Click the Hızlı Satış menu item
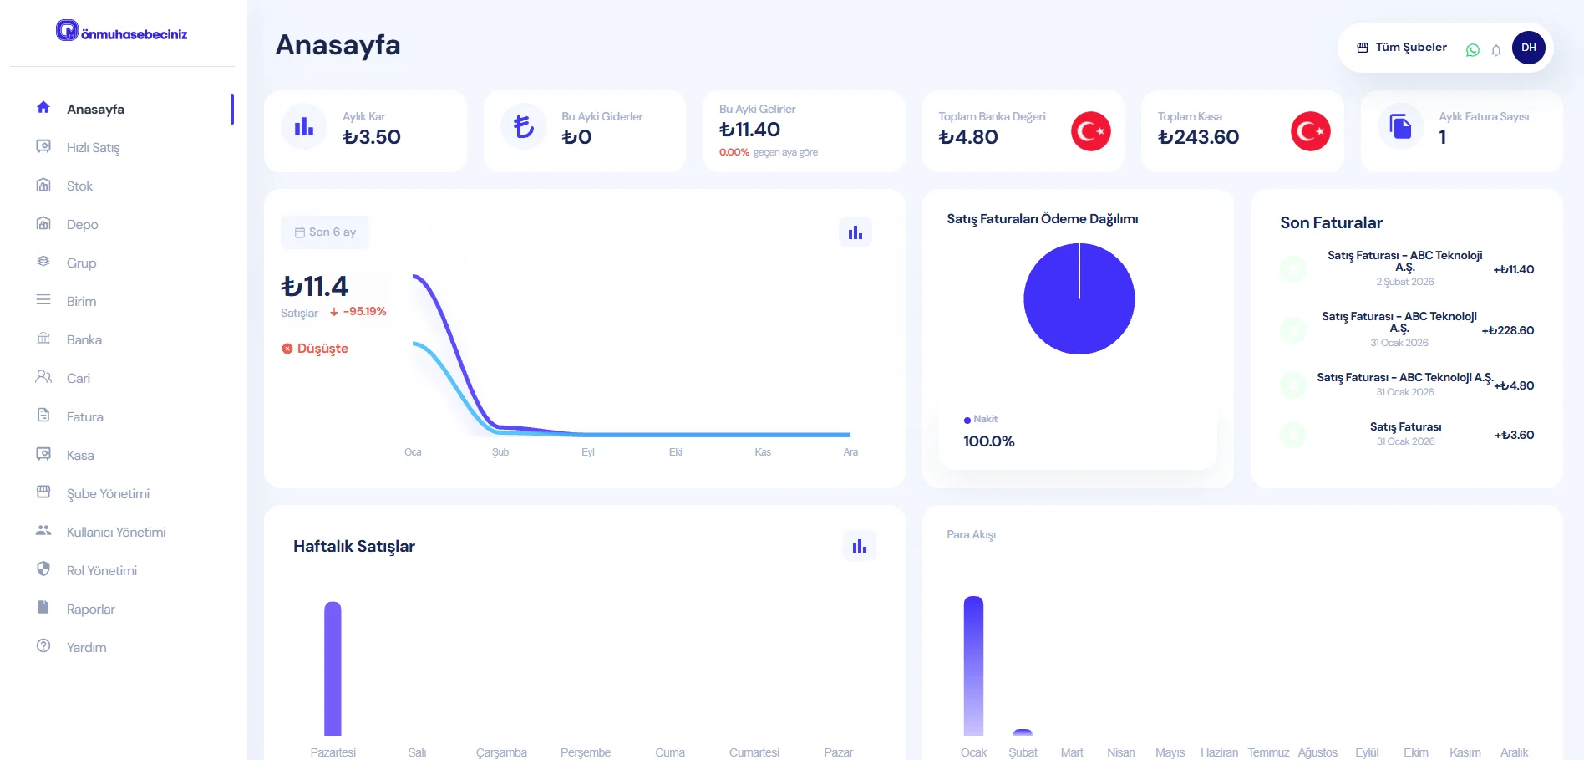[93, 148]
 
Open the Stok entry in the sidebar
[79, 186]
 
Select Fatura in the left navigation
[84, 417]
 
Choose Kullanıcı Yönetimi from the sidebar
[116, 533]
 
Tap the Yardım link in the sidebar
[86, 648]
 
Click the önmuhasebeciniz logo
[122, 33]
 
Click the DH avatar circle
[1528, 48]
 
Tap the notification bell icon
[1496, 50]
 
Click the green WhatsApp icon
[1473, 50]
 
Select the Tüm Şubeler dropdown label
[1410, 48]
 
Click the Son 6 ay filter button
[325, 232]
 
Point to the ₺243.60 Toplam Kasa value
[1198, 137]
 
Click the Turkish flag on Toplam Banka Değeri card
[1090, 131]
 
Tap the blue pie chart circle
[1079, 298]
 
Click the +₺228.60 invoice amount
[1507, 331]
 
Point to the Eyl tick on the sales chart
[588, 452]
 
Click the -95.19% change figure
[364, 312]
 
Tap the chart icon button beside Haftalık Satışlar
[859, 546]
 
